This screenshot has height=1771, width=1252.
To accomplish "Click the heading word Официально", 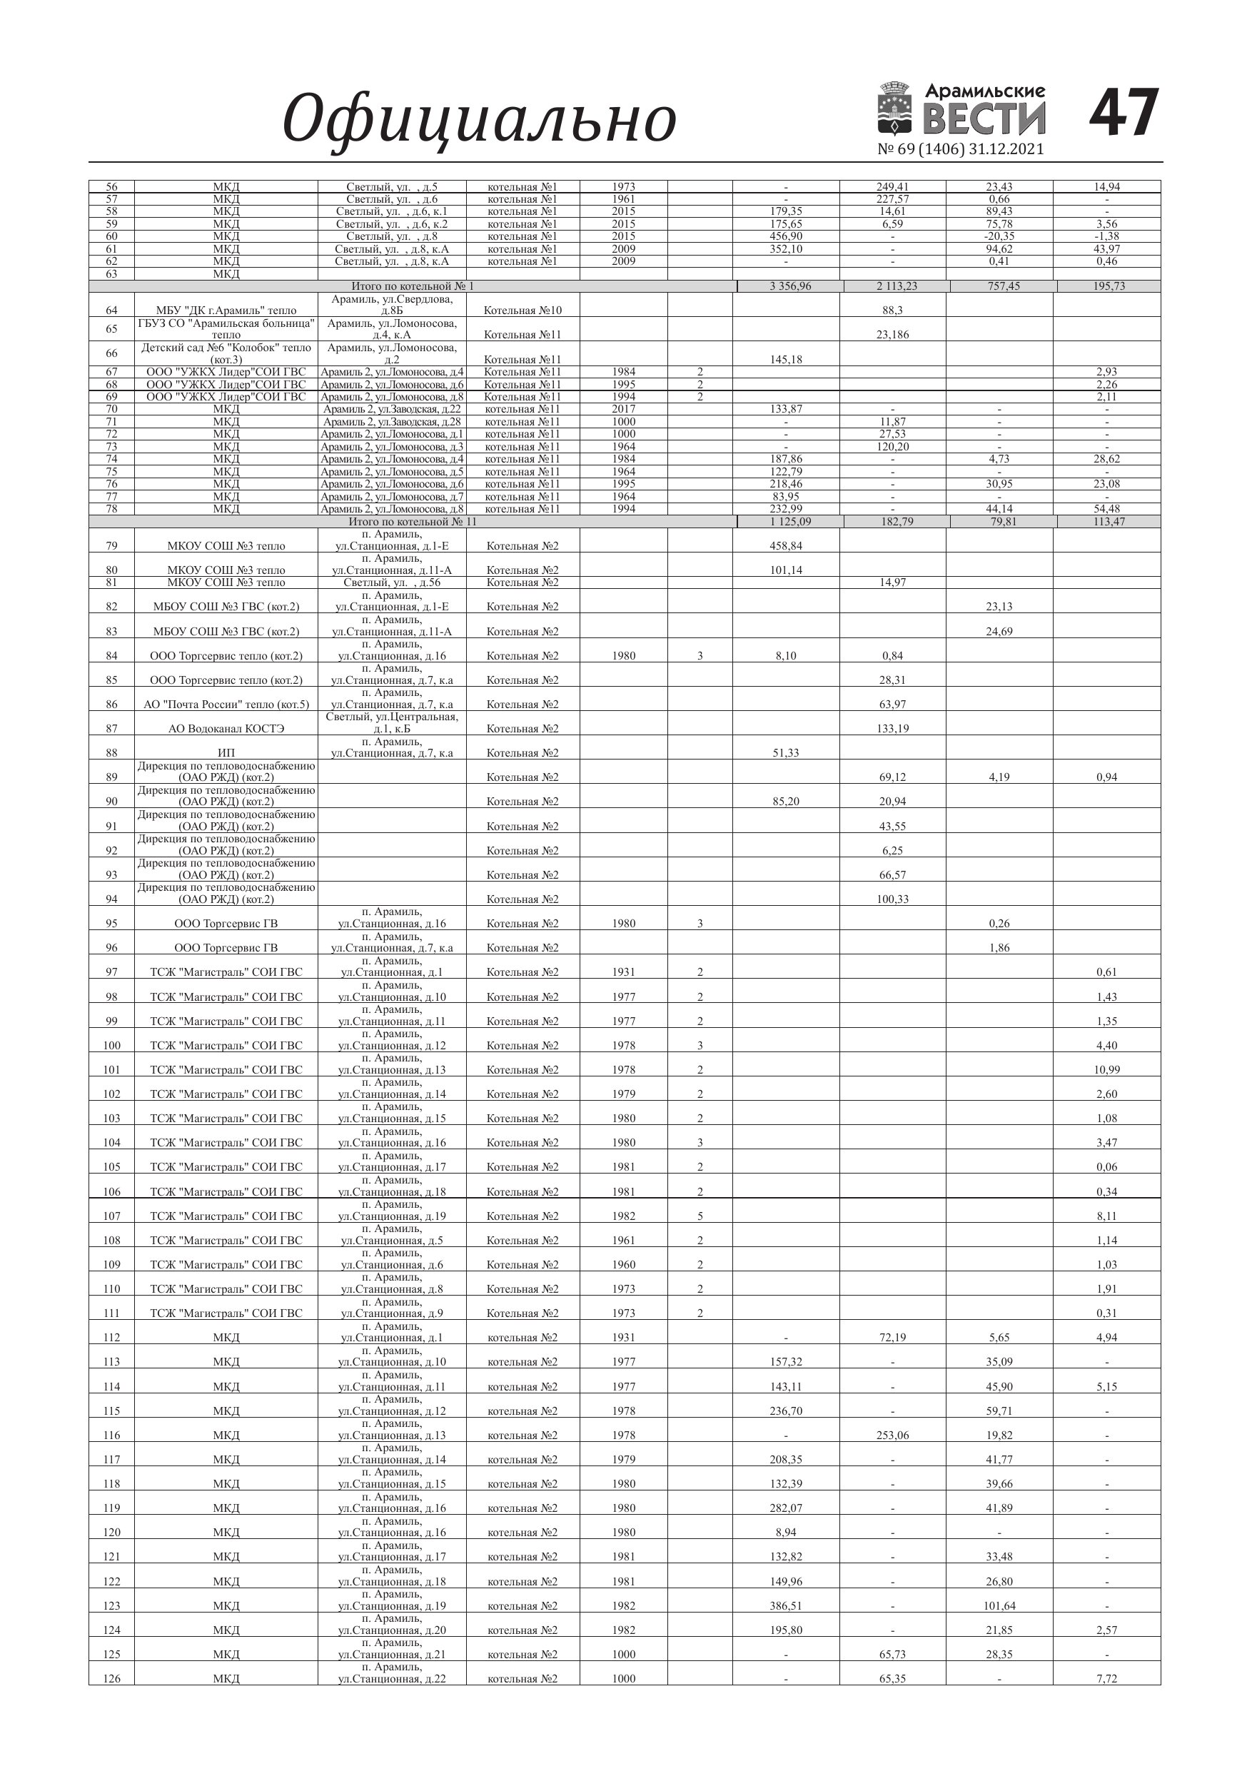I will [479, 118].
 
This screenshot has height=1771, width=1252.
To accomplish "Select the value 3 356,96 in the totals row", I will [790, 286].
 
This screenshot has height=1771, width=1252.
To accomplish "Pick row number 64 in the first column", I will [112, 311].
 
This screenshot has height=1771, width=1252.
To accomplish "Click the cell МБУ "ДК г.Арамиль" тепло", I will [226, 311].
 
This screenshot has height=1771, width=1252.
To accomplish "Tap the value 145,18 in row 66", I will [785, 360].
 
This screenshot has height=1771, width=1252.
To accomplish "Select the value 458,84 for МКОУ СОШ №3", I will [785, 546].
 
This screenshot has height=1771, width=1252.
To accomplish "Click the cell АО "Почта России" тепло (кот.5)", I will [226, 705].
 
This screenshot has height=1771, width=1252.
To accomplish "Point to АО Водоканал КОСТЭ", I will [226, 729].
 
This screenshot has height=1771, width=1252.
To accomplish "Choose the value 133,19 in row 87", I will [892, 729].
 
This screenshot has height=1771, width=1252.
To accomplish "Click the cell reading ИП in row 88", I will [226, 753].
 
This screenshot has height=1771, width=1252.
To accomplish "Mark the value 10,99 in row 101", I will [1106, 1070].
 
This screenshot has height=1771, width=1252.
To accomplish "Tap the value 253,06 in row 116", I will [892, 1436].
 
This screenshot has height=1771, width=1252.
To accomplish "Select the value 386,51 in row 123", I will [785, 1606].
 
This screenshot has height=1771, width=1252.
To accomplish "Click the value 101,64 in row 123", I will [999, 1606].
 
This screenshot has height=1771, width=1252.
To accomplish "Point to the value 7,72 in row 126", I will [1106, 1679].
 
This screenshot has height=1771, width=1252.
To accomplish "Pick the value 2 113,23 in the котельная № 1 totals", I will [897, 286].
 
